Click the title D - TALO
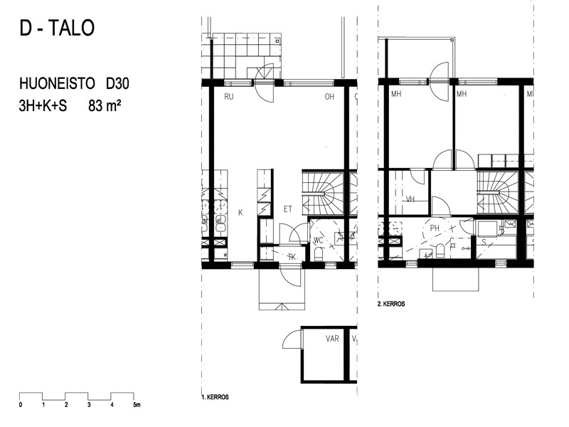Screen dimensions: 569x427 57,28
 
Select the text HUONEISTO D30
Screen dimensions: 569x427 74,84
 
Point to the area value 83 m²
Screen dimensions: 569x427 105,106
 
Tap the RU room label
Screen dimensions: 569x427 229,97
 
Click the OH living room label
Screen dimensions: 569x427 329,97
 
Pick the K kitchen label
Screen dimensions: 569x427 240,213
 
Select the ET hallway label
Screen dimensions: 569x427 288,209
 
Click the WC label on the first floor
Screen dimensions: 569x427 318,241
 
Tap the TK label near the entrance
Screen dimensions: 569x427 292,257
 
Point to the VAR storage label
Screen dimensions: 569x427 332,339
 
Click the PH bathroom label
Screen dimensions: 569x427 435,228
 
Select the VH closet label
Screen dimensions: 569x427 410,199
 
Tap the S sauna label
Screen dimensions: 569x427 484,242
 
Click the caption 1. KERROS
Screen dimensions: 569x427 216,397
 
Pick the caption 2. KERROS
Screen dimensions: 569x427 391,304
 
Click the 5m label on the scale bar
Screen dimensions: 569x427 137,405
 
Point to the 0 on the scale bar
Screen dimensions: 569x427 21,405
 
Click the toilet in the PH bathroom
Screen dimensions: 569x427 440,251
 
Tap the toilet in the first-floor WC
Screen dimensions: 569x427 318,254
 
